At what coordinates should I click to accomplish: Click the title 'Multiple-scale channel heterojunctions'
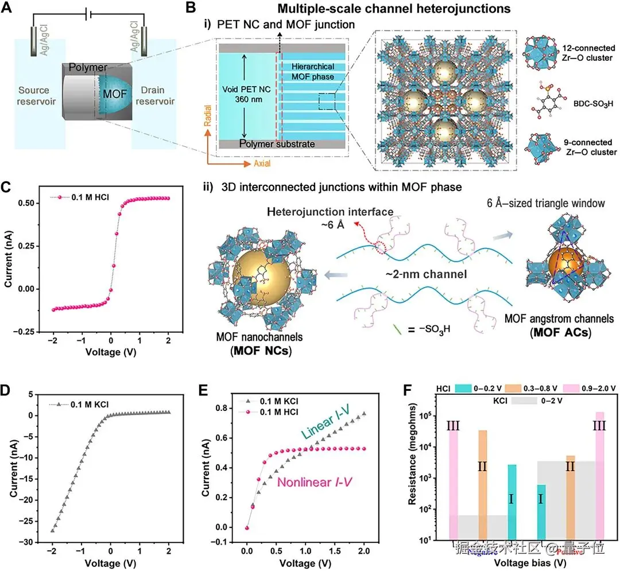(x=386, y=9)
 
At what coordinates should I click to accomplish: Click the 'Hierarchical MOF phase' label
(x=312, y=72)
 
